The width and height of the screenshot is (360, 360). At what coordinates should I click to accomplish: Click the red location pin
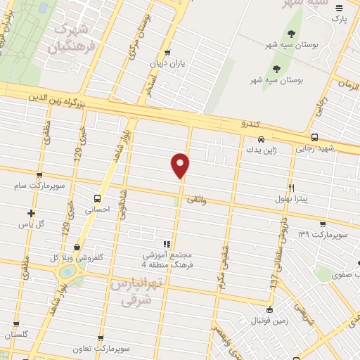181,165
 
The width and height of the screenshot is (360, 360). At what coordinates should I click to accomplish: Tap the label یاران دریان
167,63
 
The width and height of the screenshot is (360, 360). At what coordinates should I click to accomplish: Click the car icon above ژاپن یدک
261,139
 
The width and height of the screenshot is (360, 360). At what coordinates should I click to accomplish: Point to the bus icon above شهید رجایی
314,138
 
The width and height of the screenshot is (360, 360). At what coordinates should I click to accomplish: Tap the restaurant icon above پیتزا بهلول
291,188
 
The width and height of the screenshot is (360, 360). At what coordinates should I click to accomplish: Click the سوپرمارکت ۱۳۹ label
323,234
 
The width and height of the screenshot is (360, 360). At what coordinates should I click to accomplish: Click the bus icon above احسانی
96,198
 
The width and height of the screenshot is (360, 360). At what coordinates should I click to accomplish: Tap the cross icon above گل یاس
31,213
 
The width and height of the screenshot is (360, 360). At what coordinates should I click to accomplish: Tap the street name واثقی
196,200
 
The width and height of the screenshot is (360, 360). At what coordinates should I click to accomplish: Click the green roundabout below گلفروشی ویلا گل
68,271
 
